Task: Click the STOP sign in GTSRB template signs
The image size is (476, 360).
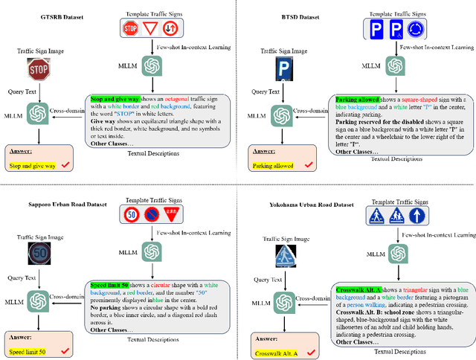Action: point(130,30)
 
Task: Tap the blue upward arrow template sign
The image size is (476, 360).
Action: point(419,216)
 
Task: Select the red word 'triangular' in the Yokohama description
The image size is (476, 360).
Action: point(412,289)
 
